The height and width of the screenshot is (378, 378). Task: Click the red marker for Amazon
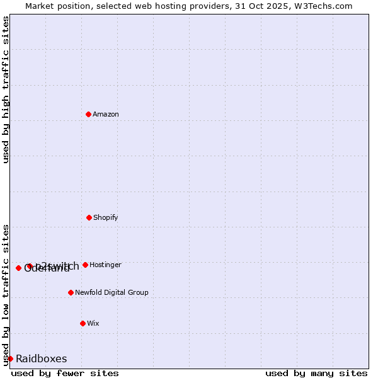tap(88, 114)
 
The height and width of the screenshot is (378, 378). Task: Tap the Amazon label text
tap(106, 114)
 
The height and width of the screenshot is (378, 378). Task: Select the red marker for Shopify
tap(89, 217)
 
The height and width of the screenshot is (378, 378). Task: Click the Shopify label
tap(106, 217)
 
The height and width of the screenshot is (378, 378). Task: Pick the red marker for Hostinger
tap(85, 265)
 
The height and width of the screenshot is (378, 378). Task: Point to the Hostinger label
tap(105, 265)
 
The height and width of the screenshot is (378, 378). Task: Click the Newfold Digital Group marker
tap(71, 292)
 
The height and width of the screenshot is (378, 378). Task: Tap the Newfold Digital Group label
tap(112, 292)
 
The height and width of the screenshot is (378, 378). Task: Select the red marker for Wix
tap(83, 323)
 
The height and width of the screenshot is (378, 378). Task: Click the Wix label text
tap(93, 323)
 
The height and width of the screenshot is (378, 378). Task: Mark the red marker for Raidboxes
tap(10, 358)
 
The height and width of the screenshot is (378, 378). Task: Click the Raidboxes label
tap(42, 358)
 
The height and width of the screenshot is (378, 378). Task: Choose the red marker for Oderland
tap(18, 268)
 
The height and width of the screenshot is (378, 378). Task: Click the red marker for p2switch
tap(30, 266)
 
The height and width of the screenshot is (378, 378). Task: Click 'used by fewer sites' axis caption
tap(65, 373)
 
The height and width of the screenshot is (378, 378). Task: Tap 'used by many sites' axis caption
tap(316, 373)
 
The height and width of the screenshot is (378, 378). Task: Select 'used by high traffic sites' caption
tap(6, 89)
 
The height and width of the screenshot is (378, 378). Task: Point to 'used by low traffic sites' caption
tap(6, 294)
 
